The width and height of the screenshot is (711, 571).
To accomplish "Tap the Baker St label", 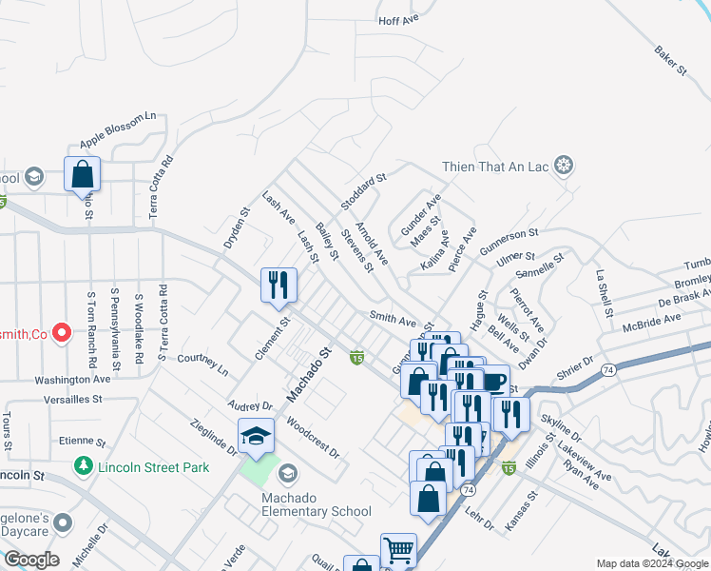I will pos(669,60).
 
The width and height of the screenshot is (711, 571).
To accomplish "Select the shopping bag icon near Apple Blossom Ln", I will pos(83,174).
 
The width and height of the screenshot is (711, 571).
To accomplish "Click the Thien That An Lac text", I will pos(496,167).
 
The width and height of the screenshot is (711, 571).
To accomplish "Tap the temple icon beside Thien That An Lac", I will pos(564,167).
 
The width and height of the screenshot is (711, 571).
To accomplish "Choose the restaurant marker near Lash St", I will pos(279,285).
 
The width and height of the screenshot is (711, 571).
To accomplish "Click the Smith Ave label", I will pos(394,321).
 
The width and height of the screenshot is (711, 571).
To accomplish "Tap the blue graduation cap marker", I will pos(256,437).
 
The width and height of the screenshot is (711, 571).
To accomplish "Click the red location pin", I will pos(62,333).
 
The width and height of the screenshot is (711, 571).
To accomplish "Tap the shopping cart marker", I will pos(398,550).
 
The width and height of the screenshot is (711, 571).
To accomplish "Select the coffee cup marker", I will pos(493,382).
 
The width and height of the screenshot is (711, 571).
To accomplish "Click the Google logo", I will pos(30,560).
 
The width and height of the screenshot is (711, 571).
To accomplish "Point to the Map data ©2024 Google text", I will pos(651,563).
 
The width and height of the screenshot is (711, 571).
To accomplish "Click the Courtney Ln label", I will pos(203,363).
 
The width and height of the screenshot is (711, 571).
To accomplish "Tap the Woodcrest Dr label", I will pos(312,439).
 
